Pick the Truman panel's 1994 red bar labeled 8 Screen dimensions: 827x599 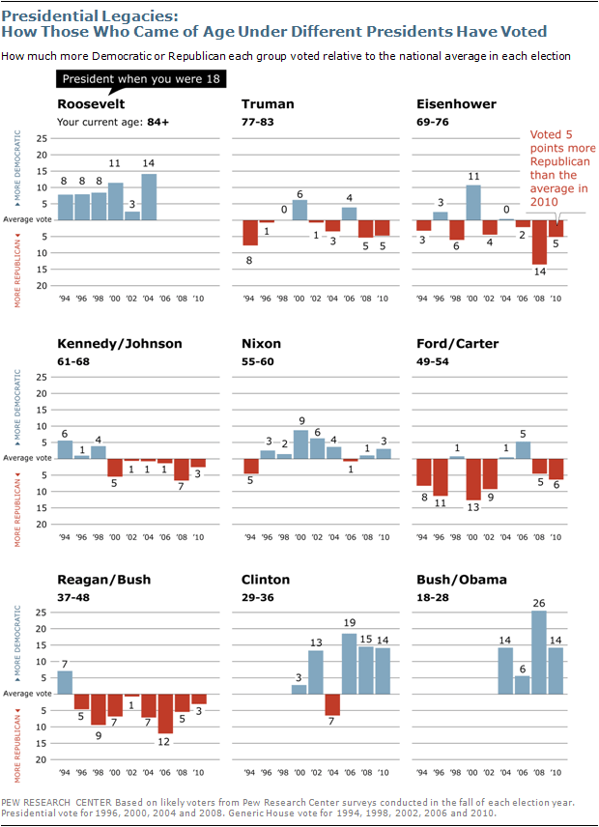click(x=250, y=233)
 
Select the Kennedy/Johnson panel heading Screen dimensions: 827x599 click(x=120, y=343)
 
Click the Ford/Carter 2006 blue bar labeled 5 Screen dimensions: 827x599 click(x=523, y=449)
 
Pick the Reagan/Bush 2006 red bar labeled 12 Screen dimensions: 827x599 click(x=165, y=714)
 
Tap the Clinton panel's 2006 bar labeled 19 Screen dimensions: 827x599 click(x=349, y=664)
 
